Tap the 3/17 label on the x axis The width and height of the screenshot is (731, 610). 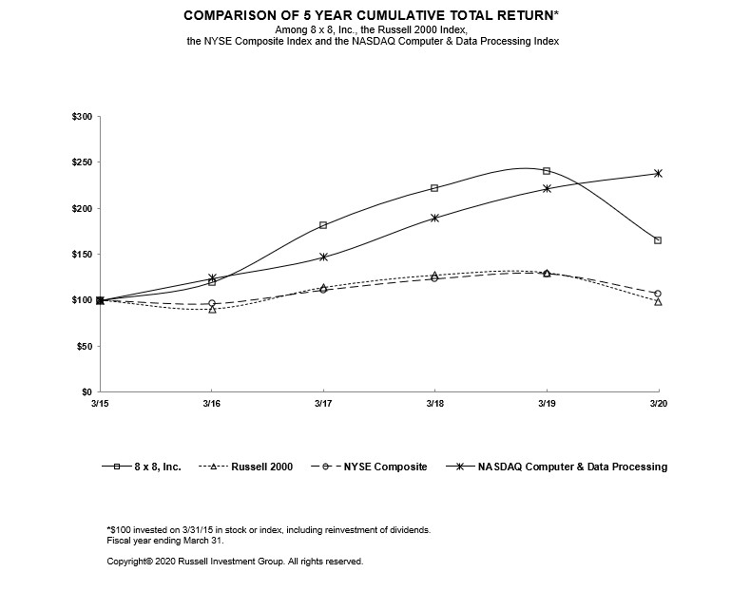(323, 405)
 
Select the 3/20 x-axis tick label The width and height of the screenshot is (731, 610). (657, 405)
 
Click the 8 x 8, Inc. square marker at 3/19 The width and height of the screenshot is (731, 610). (547, 171)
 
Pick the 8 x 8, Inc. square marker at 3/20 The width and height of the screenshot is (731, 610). (658, 240)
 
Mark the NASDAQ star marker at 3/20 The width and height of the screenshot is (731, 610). (658, 173)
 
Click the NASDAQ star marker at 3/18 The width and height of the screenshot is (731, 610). (434, 218)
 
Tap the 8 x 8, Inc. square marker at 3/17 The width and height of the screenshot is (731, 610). (323, 225)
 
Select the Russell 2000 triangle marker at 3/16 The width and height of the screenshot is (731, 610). (212, 309)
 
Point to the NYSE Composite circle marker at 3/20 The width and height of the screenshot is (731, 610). (658, 294)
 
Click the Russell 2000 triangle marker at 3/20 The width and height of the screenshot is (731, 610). (658, 302)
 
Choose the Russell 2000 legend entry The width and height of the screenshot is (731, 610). (253, 467)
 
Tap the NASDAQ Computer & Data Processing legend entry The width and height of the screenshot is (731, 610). (561, 467)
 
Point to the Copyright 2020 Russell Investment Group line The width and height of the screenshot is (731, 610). (235, 562)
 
